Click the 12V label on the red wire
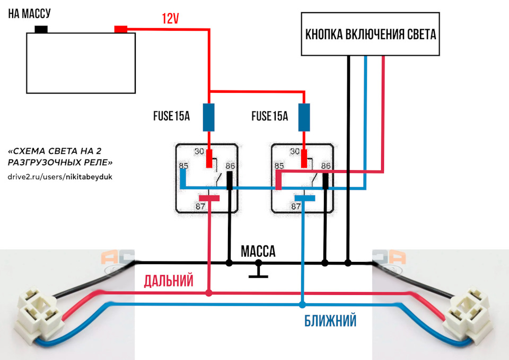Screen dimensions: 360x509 171,19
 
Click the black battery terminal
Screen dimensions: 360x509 41,30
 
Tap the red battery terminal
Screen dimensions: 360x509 121,29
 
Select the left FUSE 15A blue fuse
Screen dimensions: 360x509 209,117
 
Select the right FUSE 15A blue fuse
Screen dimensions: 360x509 304,117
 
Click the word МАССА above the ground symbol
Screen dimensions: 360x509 258,251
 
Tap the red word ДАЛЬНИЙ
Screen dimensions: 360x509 169,282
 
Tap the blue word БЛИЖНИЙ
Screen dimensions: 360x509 330,321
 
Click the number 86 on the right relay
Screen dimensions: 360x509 327,166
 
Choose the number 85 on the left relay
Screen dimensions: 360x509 183,166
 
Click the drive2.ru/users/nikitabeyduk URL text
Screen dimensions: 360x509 60,175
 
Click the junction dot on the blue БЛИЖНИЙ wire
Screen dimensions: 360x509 303,305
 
